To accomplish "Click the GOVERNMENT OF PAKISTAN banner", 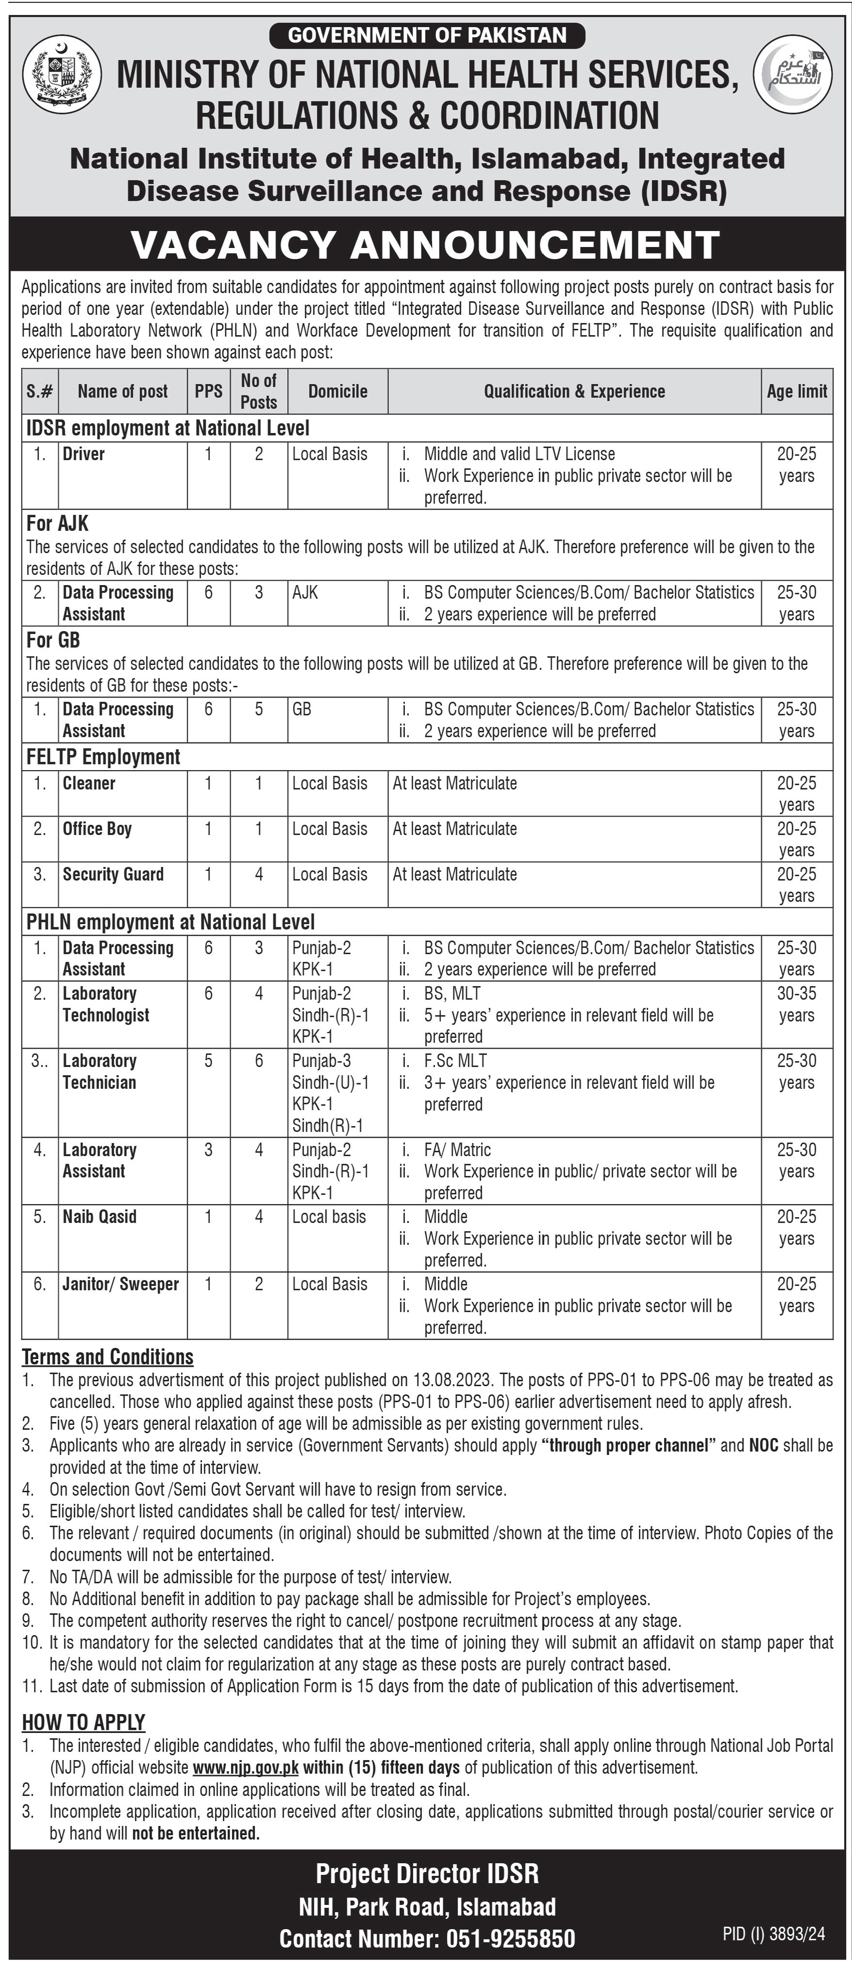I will [427, 35].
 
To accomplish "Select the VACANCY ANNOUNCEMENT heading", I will [426, 245].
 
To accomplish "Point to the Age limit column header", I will [796, 391].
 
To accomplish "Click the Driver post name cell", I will [84, 454].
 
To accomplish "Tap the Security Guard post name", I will [113, 875].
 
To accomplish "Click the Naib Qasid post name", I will [99, 1217].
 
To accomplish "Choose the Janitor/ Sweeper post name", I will [121, 1284].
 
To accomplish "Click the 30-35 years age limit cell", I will [796, 1004].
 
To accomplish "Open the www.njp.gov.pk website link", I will [246, 1767].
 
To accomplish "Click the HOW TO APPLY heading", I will [83, 1722].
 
